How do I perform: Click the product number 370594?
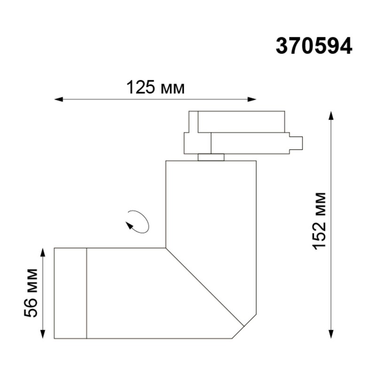tap(314, 46)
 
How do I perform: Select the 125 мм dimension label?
tap(156, 87)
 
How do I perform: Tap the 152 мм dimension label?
tap(320, 221)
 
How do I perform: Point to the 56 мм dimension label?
tap(31, 293)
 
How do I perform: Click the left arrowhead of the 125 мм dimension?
tap(58, 99)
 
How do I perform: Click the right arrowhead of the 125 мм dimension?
tap(252, 99)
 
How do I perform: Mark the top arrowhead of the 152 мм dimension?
tap(331, 115)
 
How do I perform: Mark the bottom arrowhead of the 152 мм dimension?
tap(331, 334)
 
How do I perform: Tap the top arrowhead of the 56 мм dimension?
tap(43, 252)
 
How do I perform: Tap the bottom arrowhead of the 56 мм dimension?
tap(43, 334)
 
